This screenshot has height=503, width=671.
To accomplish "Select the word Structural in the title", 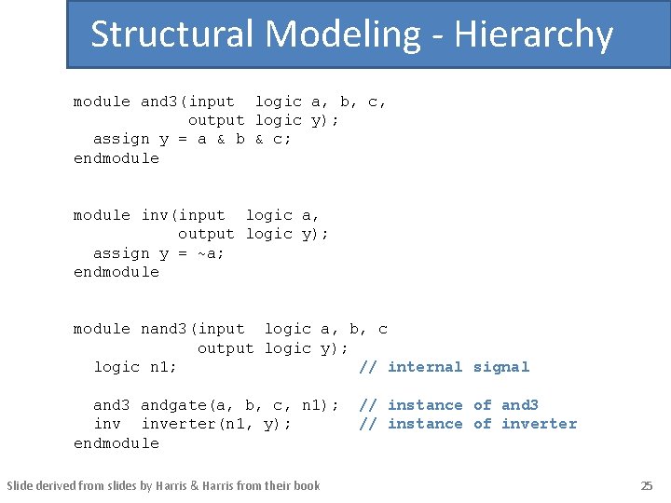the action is (x=172, y=35).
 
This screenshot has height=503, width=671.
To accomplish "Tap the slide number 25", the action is (x=647, y=485).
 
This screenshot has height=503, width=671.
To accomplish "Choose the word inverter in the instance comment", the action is (x=539, y=424).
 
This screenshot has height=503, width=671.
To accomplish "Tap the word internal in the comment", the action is (x=424, y=367).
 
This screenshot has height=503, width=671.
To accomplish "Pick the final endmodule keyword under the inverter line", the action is (x=116, y=443).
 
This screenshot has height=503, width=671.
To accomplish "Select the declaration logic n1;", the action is (x=135, y=367).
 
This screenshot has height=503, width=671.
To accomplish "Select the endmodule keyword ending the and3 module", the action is (x=116, y=158).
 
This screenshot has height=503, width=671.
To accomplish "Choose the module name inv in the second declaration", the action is (x=155, y=215).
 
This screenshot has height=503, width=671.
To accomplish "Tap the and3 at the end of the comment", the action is (x=519, y=405).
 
